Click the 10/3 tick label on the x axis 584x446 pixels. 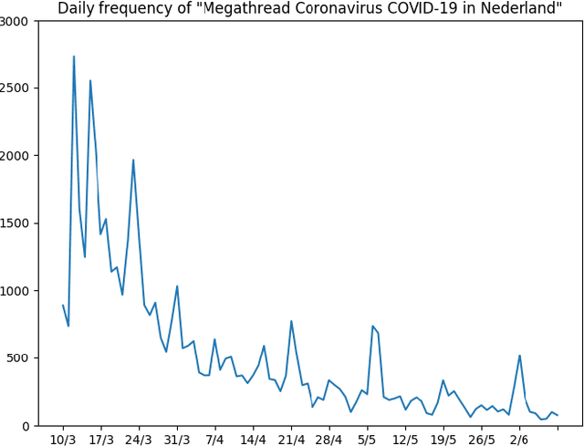(x=63, y=439)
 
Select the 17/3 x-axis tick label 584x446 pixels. (x=101, y=439)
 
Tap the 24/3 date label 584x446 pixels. (x=139, y=439)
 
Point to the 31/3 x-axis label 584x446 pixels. (x=177, y=439)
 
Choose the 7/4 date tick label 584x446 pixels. (x=214, y=439)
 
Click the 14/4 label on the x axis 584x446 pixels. (x=253, y=439)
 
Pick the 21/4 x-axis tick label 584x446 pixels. (x=291, y=439)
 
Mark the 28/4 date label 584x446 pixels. (x=328, y=439)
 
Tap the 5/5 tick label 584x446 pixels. (x=367, y=439)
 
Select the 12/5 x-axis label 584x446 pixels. (x=405, y=439)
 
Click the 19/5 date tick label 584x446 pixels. (x=443, y=439)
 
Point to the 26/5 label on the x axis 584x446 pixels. (x=481, y=439)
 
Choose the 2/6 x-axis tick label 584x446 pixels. (x=519, y=439)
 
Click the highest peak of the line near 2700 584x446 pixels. (x=74, y=57)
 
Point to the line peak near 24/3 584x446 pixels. (x=133, y=161)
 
